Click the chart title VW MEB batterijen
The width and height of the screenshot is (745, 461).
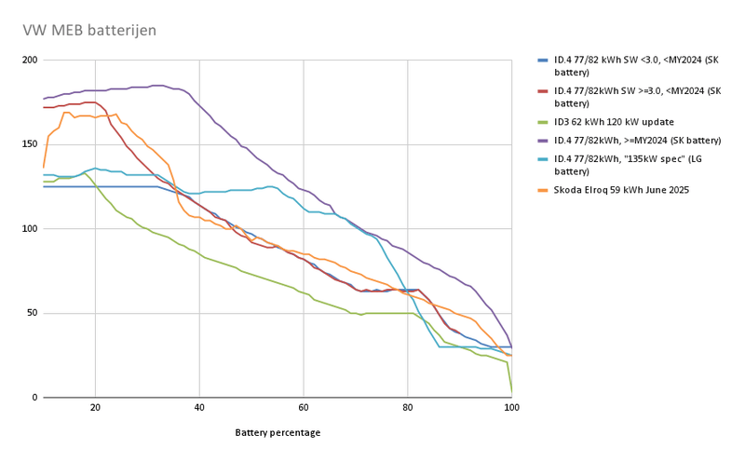(x=89, y=31)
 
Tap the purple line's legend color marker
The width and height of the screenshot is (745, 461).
(x=543, y=140)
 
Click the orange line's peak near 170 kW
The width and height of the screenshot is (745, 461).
(x=65, y=113)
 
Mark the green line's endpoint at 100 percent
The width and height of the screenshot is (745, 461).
(x=511, y=392)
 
